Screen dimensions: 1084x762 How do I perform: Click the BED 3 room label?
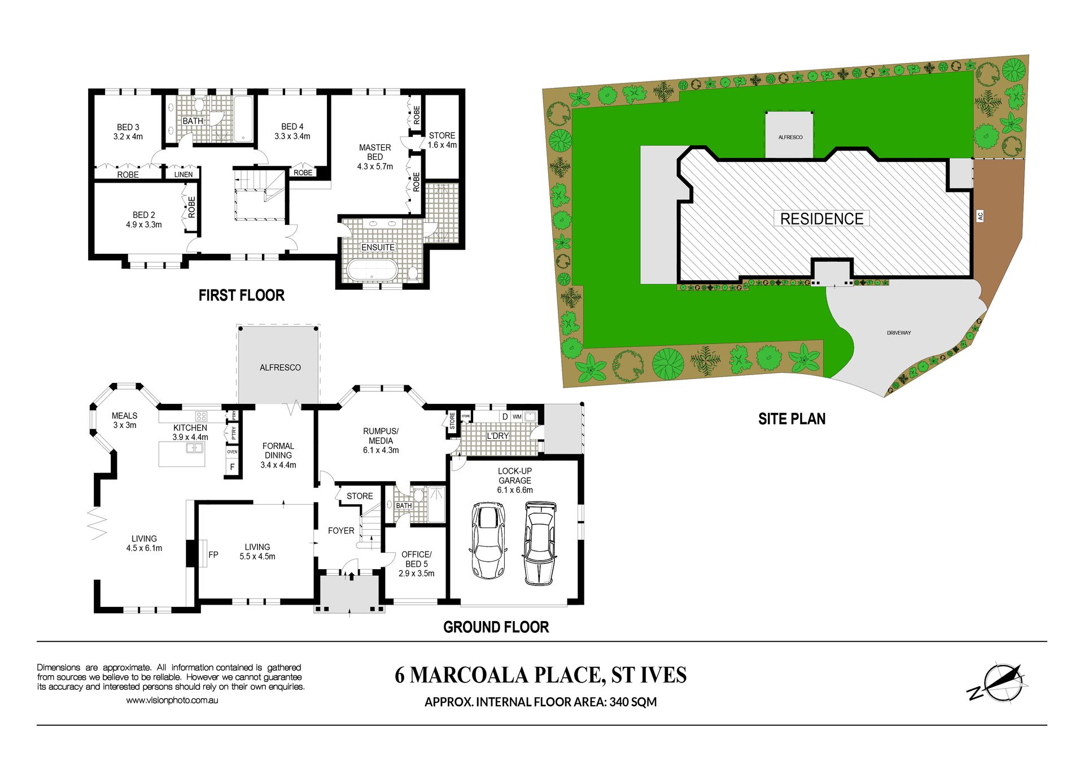pyautogui.click(x=128, y=131)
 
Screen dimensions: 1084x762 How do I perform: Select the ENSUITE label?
pyautogui.click(x=378, y=247)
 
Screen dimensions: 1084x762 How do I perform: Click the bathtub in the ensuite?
pyautogui.click(x=373, y=270)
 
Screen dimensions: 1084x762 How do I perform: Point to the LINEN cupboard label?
pyautogui.click(x=183, y=174)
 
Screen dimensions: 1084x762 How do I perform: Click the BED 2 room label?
pyautogui.click(x=144, y=219)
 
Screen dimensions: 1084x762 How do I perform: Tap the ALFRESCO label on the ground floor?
pyautogui.click(x=280, y=367)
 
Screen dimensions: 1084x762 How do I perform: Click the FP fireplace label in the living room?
pyautogui.click(x=213, y=554)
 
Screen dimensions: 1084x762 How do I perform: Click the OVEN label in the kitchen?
pyautogui.click(x=232, y=452)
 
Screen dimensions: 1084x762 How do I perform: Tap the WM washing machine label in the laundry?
pyautogui.click(x=517, y=417)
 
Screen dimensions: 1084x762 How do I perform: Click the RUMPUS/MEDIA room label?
pyautogui.click(x=381, y=441)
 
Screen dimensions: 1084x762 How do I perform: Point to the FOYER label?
pyautogui.click(x=341, y=530)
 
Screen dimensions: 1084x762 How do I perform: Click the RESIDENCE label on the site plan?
pyautogui.click(x=821, y=219)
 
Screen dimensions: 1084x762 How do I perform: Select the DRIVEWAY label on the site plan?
pyautogui.click(x=899, y=333)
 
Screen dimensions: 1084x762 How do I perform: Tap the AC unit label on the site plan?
pyautogui.click(x=980, y=215)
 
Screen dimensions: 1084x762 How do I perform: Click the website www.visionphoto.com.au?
pyautogui.click(x=172, y=701)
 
